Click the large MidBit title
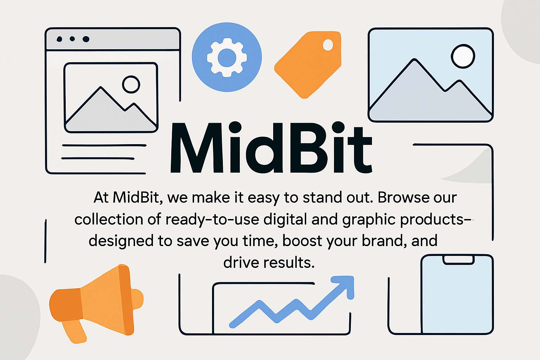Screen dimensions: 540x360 click(271, 148)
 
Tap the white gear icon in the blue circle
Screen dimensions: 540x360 click(227, 58)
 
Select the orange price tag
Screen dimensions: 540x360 click(308, 65)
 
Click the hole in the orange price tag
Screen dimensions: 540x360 click(328, 45)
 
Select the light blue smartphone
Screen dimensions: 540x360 click(457, 294)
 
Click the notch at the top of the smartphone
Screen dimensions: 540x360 click(458, 260)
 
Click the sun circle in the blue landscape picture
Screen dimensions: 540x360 click(463, 56)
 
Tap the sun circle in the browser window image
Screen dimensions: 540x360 click(131, 84)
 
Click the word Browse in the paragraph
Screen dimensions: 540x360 click(404, 198)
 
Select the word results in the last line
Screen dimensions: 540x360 click(289, 263)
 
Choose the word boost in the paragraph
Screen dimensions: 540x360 click(302, 241)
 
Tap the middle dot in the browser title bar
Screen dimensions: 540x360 click(72, 39)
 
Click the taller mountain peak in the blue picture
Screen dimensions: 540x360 click(414, 59)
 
